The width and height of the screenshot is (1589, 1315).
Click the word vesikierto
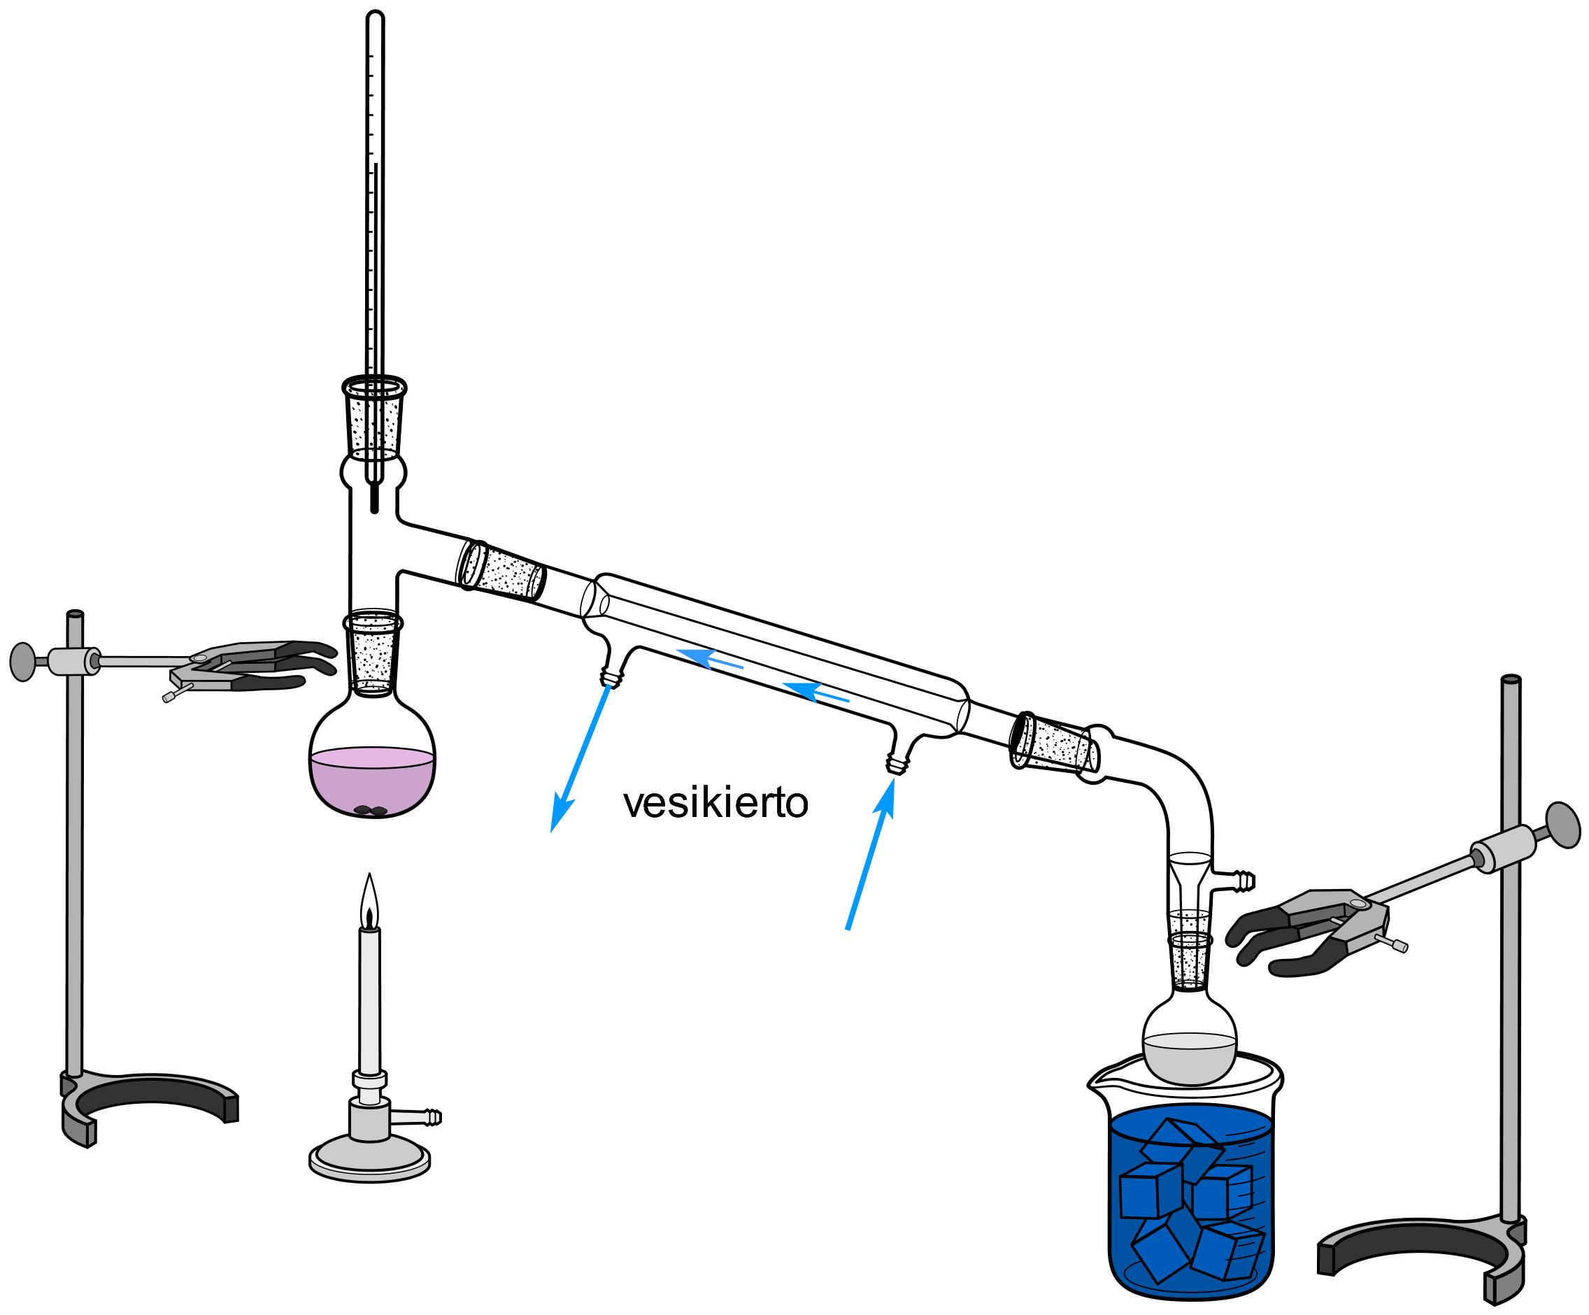pos(715,804)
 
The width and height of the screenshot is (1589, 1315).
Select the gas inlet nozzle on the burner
pos(428,1116)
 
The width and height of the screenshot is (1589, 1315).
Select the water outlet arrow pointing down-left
pos(580,757)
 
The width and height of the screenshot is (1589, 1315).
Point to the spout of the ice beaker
pos(1096,1085)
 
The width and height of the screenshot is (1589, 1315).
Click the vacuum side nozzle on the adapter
pos(1241,880)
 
